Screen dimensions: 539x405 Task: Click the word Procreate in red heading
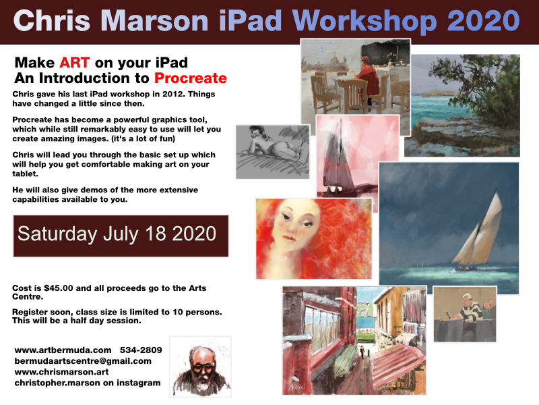[191, 78]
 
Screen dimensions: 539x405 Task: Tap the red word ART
[75, 63]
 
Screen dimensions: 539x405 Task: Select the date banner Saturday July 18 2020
[121, 236]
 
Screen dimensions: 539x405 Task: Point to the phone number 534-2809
[141, 350]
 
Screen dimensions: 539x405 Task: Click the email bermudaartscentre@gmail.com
[83, 361]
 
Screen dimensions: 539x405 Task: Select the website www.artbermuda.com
[63, 350]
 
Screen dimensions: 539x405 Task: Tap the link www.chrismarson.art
[61, 372]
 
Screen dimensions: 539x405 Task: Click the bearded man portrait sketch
[200, 367]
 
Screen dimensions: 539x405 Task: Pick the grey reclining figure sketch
[273, 152]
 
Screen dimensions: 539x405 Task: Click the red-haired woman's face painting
[314, 239]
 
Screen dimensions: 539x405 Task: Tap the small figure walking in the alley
[362, 352]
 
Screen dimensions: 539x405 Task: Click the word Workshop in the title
[364, 21]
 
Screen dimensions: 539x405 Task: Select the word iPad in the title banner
[250, 21]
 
